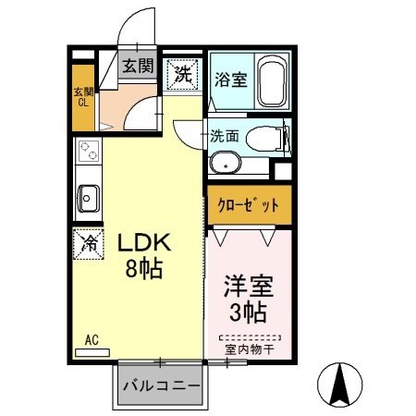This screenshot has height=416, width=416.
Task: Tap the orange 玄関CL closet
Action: click(x=83, y=96)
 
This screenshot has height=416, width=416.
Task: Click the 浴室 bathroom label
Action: click(x=230, y=78)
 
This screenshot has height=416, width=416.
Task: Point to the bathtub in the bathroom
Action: click(x=273, y=80)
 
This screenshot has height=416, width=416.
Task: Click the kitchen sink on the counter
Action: click(x=89, y=197)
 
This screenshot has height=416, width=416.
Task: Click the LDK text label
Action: click(x=145, y=244)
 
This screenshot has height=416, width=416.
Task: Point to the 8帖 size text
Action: click(x=145, y=270)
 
